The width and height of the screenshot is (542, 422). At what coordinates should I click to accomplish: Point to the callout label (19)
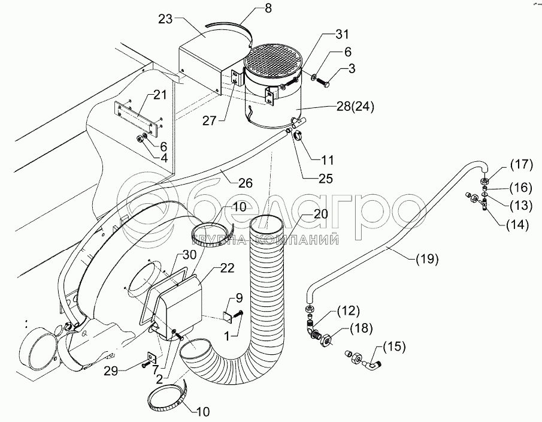[426, 260]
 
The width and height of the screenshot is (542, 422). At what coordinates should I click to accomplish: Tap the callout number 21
[159, 94]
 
